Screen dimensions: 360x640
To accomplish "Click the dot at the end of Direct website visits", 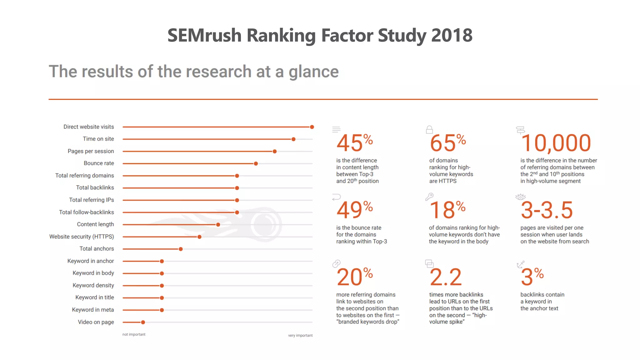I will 312,127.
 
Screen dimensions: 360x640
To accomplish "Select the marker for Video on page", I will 143,322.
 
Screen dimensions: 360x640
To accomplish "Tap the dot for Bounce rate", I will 256,164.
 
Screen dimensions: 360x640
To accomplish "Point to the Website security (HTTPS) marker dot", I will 199,237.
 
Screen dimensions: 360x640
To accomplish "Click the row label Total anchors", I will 97,249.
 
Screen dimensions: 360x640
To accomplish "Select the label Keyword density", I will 93,285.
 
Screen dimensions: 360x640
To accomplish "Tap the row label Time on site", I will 98,139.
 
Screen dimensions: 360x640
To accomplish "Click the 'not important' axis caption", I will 134,334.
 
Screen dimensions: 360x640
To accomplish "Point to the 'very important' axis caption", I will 300,335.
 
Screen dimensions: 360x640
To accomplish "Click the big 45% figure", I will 354,143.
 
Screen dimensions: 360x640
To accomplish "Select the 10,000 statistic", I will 556,143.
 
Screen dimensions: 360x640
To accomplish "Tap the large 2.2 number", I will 445,277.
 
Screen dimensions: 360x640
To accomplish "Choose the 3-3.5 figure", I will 547,210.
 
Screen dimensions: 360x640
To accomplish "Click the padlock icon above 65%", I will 429,130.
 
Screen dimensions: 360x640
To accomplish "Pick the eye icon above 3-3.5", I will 520,197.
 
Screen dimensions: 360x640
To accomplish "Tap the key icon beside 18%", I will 429,197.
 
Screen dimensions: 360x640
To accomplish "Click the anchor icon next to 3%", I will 520,265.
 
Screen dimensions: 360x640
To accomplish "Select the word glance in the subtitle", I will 313,72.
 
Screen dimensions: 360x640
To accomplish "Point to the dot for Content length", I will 218,225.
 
